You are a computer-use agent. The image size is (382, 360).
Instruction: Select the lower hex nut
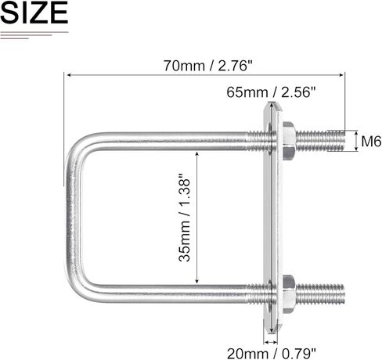pos(286,293)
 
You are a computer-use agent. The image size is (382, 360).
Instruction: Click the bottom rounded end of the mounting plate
pos(272,325)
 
